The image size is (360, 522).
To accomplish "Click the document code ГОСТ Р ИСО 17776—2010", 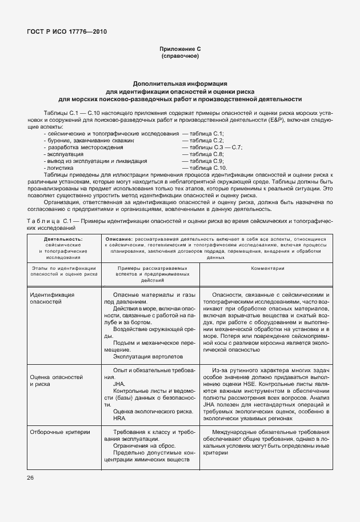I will [x=66, y=32].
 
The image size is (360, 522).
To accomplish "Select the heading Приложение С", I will [x=179, y=50].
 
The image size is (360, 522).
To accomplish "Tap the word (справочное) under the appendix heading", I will [x=179, y=57].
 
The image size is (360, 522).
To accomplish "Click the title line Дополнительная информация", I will [x=180, y=83].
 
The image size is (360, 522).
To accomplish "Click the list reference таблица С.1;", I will [x=203, y=133].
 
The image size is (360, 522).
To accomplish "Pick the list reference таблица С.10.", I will [x=204, y=168].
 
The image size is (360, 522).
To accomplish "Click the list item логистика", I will [x=60, y=168].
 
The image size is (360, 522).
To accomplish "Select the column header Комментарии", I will [x=267, y=268].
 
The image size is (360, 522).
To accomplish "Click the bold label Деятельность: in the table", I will [x=63, y=239].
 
